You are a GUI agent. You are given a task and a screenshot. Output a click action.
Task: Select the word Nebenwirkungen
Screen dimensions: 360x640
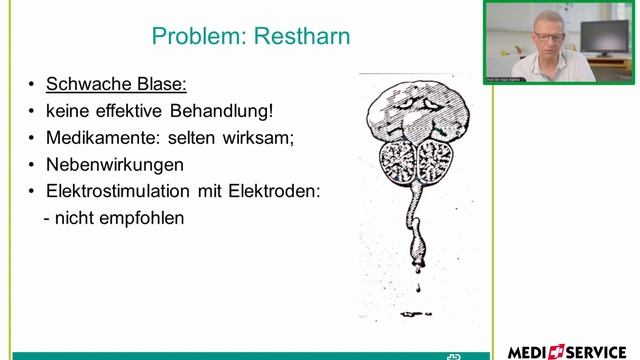click(114, 164)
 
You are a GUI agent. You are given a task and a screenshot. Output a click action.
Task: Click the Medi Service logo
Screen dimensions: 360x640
click(567, 351)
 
